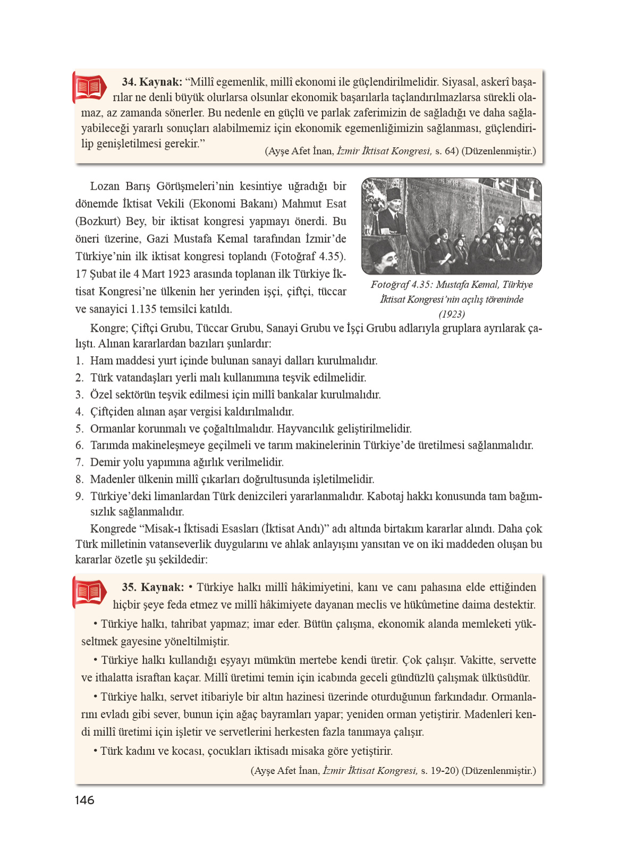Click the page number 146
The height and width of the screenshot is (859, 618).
tap(84, 800)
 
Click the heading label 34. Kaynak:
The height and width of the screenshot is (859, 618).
tap(152, 82)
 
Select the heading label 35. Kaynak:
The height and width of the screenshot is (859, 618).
tap(153, 587)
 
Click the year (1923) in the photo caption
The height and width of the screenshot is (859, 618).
tap(452, 314)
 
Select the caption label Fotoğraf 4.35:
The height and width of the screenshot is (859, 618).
tap(402, 284)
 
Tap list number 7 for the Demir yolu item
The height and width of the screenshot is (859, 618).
tap(79, 462)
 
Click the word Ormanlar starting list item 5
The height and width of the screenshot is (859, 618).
tap(113, 428)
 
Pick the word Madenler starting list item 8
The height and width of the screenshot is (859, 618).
tap(113, 479)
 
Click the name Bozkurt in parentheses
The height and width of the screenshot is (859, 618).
tap(99, 221)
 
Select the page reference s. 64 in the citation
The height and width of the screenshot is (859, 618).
tap(445, 151)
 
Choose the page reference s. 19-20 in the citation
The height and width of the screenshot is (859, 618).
tap(438, 771)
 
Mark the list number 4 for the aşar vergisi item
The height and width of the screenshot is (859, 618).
tap(79, 411)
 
